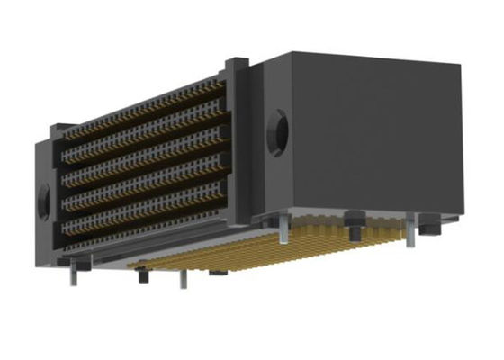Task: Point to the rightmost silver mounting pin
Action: (x=411, y=237)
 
